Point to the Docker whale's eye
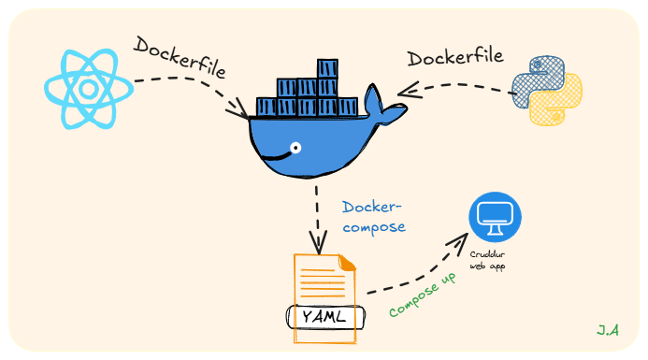click(x=295, y=148)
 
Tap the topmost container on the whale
click(x=327, y=68)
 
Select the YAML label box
click(x=324, y=316)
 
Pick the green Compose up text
click(x=423, y=296)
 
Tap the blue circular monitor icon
click(x=495, y=218)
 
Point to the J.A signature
click(x=609, y=330)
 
